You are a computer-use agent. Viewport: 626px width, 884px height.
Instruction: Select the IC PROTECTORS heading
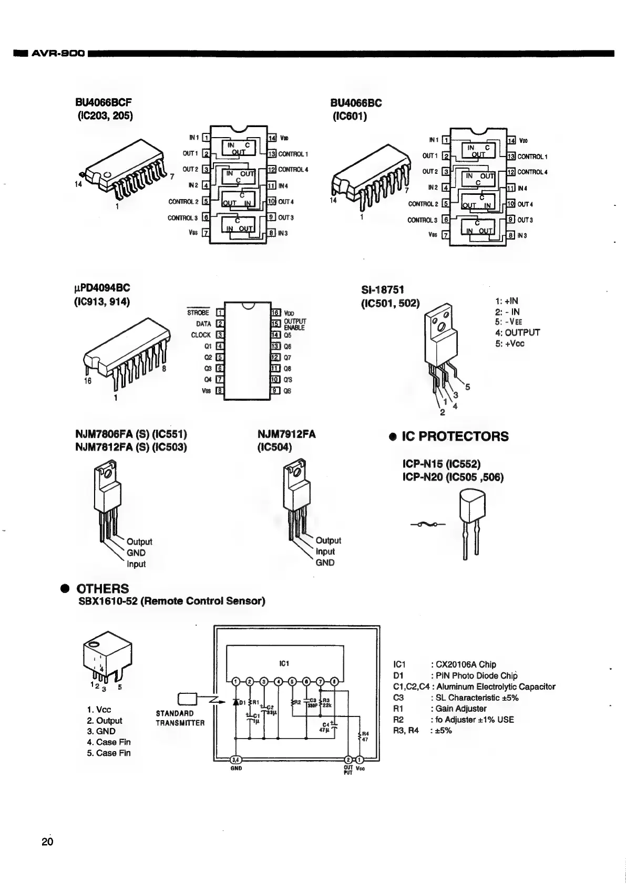(455, 436)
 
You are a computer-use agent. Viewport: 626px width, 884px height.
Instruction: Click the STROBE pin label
(198, 313)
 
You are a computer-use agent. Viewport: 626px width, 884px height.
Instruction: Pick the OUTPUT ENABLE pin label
(294, 324)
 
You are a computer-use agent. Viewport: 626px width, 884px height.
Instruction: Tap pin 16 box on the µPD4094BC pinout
(275, 313)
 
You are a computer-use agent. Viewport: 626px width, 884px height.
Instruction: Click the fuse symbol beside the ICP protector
(427, 524)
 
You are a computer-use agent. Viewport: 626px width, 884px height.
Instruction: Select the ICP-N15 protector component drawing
(470, 523)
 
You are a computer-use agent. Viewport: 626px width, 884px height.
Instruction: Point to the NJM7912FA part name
(286, 434)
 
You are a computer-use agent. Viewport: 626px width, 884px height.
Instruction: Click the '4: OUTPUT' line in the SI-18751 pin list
(517, 332)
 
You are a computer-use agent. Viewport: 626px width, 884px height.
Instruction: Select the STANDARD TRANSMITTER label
(180, 718)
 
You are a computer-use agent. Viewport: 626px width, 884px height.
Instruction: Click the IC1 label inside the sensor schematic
(284, 663)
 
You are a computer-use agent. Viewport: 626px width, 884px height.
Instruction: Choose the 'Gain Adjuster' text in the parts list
(460, 709)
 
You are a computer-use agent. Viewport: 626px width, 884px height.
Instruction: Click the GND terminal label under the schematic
(236, 768)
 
